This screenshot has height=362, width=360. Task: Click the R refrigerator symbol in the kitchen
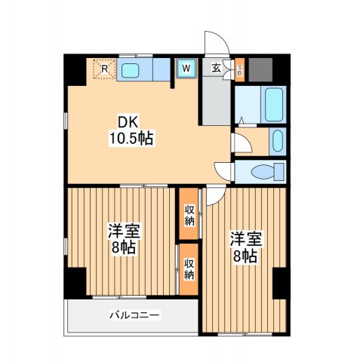[x=103, y=70]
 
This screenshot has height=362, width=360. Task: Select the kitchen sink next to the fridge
[x=130, y=71]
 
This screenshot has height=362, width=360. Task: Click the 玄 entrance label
[x=216, y=68]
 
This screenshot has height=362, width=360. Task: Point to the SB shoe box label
[x=240, y=70]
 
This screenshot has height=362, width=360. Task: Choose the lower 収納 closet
[x=189, y=268]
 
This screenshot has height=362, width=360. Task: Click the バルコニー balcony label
[x=134, y=314]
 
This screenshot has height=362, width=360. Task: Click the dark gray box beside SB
[x=260, y=70]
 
